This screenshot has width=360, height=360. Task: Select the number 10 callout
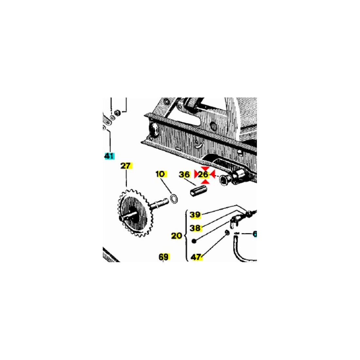tap(161, 174)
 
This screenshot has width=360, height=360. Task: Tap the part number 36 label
tap(184, 175)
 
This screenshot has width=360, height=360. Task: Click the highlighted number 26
tap(203, 175)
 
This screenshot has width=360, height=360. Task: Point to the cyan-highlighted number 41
tap(109, 156)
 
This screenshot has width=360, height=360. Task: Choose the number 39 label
tap(195, 215)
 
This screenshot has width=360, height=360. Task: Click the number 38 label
tap(195, 228)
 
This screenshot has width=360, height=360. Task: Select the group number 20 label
tap(176, 236)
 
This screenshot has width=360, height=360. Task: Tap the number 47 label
tap(196, 257)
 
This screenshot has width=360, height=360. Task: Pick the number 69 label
tap(164, 257)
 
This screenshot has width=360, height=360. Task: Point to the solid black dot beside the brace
tap(194, 241)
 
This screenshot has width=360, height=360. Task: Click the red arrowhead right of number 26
tap(212, 174)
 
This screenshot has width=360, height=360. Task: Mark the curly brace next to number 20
tap(187, 236)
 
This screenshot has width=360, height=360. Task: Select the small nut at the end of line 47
tap(227, 233)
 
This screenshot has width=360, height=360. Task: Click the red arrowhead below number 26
tap(205, 182)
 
